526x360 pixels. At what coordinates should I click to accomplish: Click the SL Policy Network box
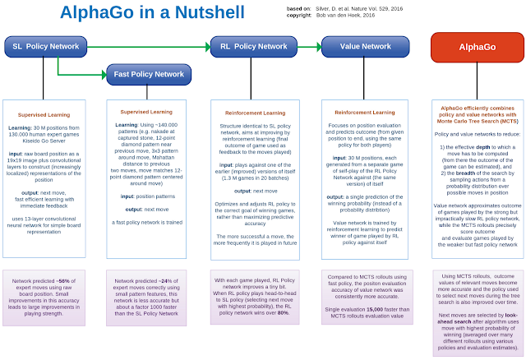[x=48, y=47]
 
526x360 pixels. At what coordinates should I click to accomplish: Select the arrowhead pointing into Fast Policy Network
[x=103, y=74]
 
